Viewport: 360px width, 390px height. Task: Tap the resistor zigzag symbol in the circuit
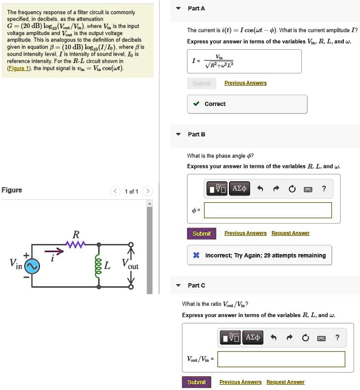76,244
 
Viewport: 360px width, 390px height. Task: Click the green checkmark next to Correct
196,104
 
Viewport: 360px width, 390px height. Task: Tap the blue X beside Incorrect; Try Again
196,256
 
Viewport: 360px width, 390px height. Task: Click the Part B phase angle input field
268,210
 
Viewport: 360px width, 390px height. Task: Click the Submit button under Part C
196,382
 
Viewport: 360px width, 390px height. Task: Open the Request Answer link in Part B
290,233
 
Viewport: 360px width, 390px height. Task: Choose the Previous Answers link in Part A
245,83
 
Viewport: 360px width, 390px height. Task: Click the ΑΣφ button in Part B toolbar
240,189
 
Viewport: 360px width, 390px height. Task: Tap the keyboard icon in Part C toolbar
321,338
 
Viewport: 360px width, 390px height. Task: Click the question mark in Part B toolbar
324,189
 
